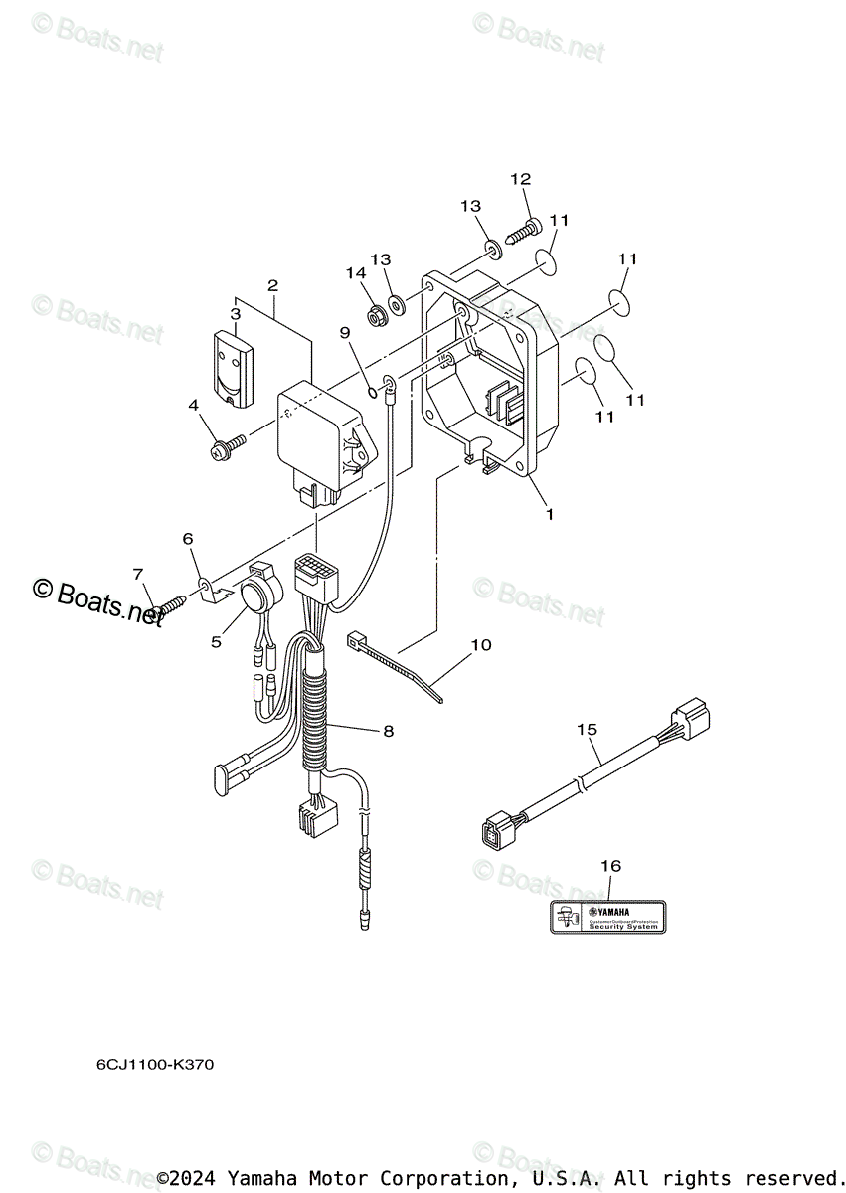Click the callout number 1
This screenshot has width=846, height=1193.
click(x=549, y=516)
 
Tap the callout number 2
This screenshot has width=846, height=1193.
click(x=272, y=285)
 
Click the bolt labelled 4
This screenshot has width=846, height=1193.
click(x=225, y=447)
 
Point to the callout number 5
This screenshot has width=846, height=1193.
click(x=216, y=642)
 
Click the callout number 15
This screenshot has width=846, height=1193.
click(x=587, y=730)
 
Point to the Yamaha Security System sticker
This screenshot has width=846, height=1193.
click(x=608, y=915)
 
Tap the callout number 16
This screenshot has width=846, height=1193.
click(x=610, y=866)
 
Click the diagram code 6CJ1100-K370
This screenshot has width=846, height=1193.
click(x=154, y=1065)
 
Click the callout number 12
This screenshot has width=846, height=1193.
click(x=521, y=179)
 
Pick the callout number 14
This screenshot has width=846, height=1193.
click(x=356, y=272)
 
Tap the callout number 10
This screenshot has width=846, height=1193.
click(x=480, y=644)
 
